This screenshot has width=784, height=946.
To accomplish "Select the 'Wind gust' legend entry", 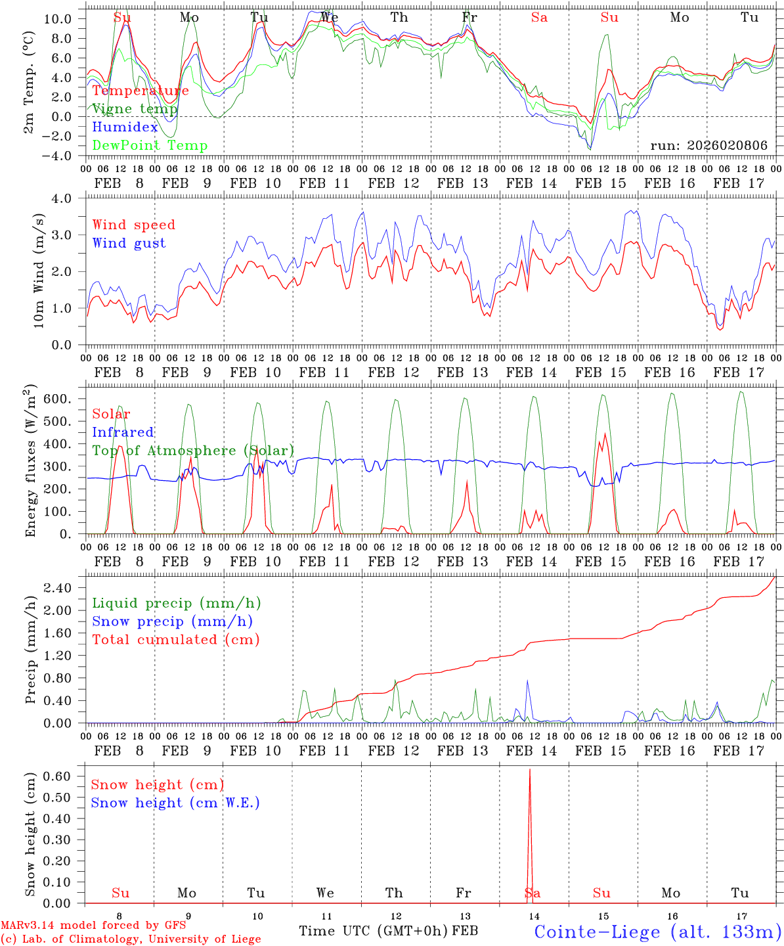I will pyautogui.click(x=129, y=243).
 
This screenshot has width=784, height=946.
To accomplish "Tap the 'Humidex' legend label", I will pyautogui.click(x=125, y=127).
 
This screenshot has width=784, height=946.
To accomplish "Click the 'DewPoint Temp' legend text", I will pyautogui.click(x=150, y=146).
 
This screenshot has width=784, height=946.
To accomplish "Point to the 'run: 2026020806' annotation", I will pyautogui.click(x=708, y=146).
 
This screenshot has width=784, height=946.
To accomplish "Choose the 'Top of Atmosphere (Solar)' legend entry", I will pyautogui.click(x=193, y=451).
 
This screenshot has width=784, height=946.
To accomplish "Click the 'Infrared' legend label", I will pyautogui.click(x=123, y=432).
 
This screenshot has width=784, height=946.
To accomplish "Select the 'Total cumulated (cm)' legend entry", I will pyautogui.click(x=175, y=640).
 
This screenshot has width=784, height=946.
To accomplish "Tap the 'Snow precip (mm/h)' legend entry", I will pyautogui.click(x=172, y=621).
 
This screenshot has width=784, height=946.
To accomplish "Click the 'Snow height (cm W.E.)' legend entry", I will pyautogui.click(x=175, y=803).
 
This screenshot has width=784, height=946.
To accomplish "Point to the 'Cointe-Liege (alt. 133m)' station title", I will pyautogui.click(x=657, y=932).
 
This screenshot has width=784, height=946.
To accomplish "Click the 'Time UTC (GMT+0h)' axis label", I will pyautogui.click(x=373, y=931).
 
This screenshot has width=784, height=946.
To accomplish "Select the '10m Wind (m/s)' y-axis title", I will pyautogui.click(x=39, y=271).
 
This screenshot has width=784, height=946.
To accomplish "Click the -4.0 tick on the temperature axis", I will pyautogui.click(x=58, y=156).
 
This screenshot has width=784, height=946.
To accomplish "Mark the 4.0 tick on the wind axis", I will pyautogui.click(x=69, y=198).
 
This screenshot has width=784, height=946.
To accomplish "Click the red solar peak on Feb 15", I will pyautogui.click(x=605, y=435).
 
